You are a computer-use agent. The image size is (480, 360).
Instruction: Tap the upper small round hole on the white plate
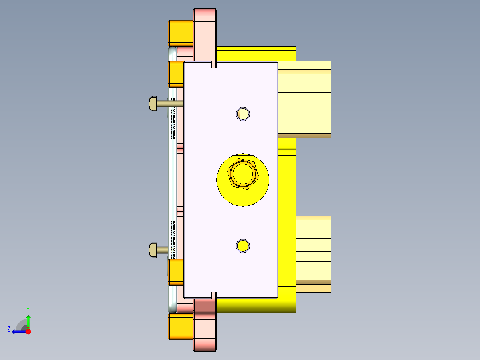(x=243, y=114)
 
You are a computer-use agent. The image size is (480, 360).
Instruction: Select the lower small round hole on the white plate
(x=243, y=245)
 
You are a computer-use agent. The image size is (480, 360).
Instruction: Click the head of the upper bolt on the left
(x=152, y=104)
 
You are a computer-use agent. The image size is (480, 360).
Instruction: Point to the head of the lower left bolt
(x=152, y=250)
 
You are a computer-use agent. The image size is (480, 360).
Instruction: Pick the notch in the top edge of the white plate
(x=213, y=65)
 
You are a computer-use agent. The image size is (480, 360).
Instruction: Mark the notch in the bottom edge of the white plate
(x=213, y=295)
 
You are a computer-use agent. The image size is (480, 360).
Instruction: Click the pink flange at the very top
(x=205, y=27)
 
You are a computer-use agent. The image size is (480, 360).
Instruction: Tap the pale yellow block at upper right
(x=307, y=98)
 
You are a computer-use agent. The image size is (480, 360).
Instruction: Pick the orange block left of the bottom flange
(x=180, y=326)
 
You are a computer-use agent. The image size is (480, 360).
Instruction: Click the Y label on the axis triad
(x=28, y=309)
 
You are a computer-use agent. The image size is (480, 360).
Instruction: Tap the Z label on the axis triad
(x=9, y=329)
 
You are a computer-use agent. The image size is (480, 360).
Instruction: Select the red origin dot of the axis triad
(x=28, y=331)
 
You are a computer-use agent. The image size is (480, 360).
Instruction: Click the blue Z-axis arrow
(x=18, y=331)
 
